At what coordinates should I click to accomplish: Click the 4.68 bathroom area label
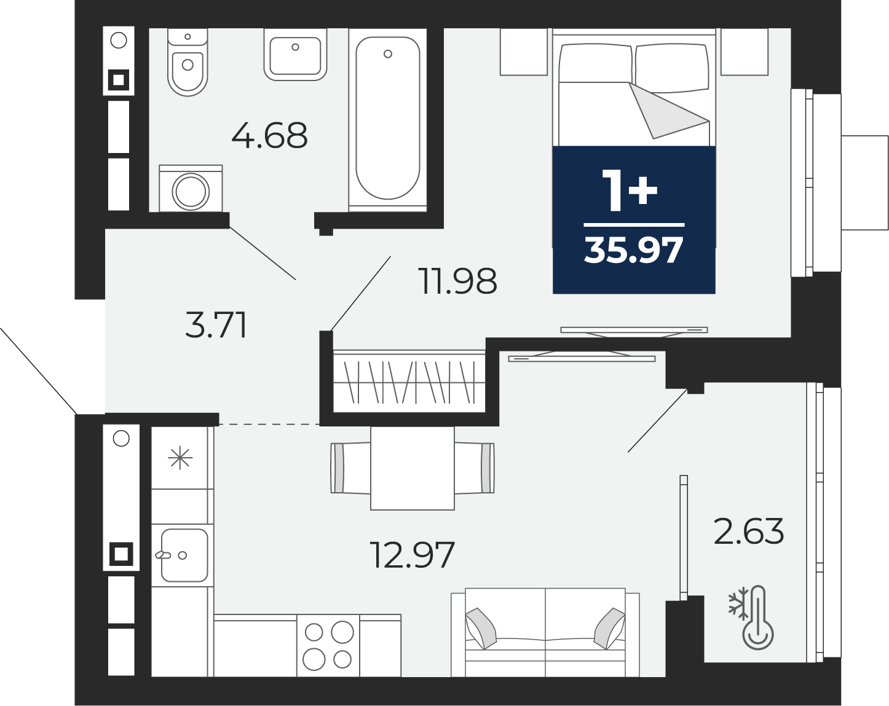[269, 135]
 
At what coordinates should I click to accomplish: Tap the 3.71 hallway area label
[216, 325]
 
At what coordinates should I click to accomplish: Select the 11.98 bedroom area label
[457, 281]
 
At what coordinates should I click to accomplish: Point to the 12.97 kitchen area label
[413, 555]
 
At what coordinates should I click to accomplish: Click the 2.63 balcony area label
[749, 531]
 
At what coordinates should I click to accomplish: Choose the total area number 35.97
[634, 250]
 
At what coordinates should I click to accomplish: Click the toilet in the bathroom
[188, 62]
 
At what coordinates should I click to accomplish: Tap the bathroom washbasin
[295, 55]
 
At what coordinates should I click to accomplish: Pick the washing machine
[191, 188]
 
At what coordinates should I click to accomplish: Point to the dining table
[413, 468]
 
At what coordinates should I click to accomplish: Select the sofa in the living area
[545, 632]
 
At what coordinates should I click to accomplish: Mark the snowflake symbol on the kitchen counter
[180, 458]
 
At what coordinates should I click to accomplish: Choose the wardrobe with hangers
[409, 382]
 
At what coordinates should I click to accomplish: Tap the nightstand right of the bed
[745, 52]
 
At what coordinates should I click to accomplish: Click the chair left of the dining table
[350, 468]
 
